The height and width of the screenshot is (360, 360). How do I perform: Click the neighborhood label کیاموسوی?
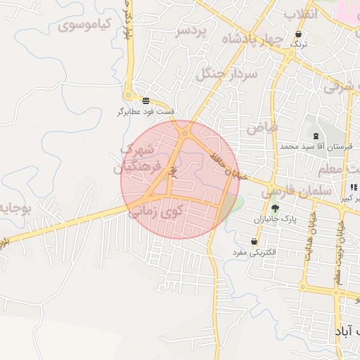[x=86, y=25]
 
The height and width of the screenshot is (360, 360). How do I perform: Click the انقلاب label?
[x=302, y=13]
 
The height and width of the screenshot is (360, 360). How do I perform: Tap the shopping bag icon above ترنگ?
[x=300, y=34]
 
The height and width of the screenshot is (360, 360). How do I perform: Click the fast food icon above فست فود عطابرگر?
[x=146, y=101]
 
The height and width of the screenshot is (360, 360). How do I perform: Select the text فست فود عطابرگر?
[x=146, y=112]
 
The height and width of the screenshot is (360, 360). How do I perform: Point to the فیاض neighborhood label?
[x=263, y=127]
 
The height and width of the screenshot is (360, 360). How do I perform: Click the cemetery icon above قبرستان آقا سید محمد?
[x=314, y=136]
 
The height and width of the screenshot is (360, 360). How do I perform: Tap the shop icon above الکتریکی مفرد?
[x=253, y=241]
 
